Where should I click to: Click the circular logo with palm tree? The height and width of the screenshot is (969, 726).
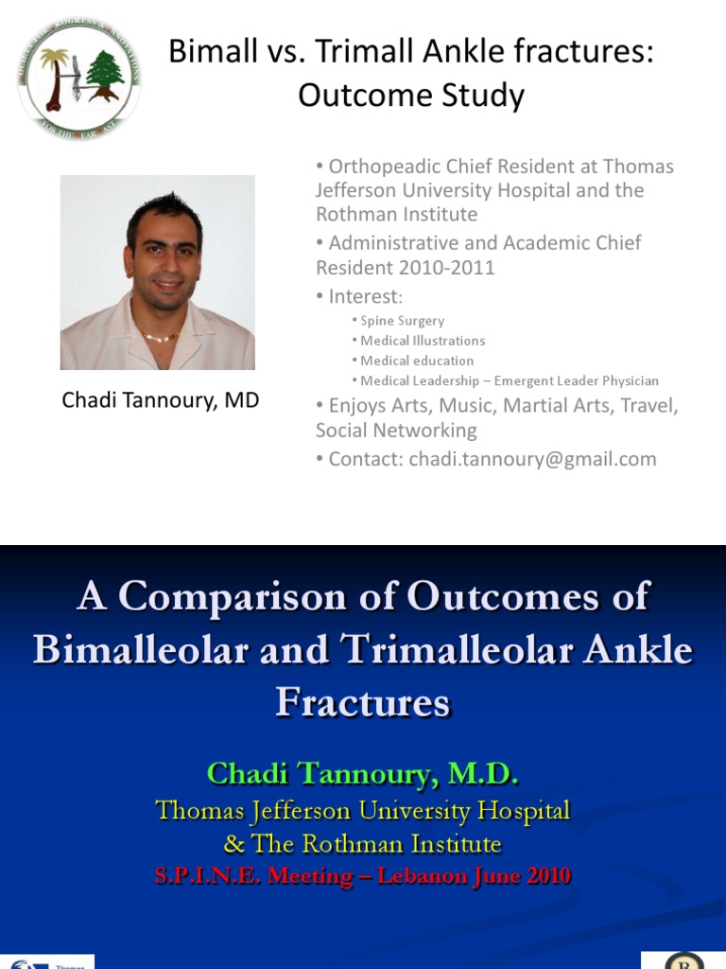(x=79, y=79)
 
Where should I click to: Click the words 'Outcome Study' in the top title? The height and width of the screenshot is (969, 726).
(x=411, y=96)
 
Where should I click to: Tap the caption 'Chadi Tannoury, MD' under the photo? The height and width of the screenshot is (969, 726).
(x=160, y=400)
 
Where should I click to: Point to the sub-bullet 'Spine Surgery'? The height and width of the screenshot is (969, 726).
(x=402, y=321)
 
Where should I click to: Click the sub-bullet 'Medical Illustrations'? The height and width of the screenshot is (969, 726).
(x=423, y=341)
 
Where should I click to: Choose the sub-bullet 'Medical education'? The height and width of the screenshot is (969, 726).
(x=417, y=361)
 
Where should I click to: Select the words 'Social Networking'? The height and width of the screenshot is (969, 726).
(x=396, y=431)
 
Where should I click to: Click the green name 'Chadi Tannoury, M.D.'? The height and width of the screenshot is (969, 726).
(x=363, y=774)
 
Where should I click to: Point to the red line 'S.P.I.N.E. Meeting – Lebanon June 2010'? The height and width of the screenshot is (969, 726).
(x=363, y=876)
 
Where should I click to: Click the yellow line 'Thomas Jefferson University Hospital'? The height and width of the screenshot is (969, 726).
(x=363, y=811)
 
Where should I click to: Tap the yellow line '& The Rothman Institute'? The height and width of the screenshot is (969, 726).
(x=363, y=843)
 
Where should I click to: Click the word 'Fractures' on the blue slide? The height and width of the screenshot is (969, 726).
(x=363, y=703)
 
